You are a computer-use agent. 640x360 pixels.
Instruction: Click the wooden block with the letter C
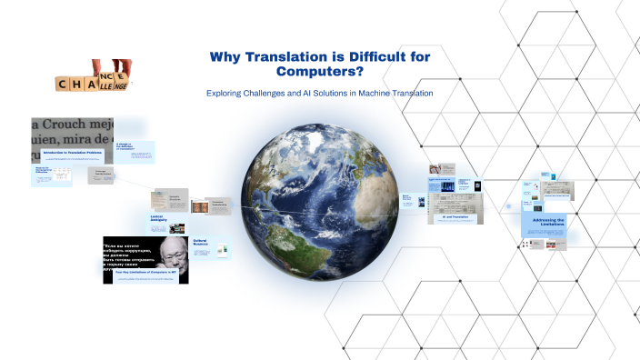tap(64, 84)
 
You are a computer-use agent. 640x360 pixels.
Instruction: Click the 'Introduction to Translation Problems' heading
tap(72, 153)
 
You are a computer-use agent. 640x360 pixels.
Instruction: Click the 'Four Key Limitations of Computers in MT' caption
tap(145, 273)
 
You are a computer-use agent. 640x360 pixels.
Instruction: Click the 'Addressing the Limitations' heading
tap(545, 223)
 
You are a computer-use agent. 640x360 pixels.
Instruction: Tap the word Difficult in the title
tap(363, 57)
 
